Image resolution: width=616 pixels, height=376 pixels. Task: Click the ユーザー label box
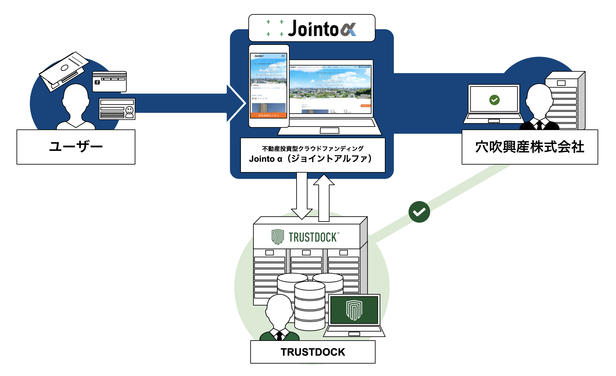pos(76,147)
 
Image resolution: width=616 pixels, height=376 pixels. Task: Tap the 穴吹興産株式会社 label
pos(530,147)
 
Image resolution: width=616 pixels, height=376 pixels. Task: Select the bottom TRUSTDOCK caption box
pos(313,352)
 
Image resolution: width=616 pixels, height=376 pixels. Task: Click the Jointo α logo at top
pos(312,28)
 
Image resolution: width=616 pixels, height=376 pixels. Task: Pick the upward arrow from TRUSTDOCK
pos(324,198)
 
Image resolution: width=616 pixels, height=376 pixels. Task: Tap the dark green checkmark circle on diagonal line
pos(419,212)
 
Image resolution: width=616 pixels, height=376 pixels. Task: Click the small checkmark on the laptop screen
pos(494,100)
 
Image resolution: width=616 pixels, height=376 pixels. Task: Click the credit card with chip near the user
pos(109,82)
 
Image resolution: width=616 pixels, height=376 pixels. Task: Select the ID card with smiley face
pos(117,109)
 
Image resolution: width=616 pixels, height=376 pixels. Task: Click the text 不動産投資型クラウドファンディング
pos(313,149)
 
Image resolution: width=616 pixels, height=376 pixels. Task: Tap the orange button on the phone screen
pos(268,115)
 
